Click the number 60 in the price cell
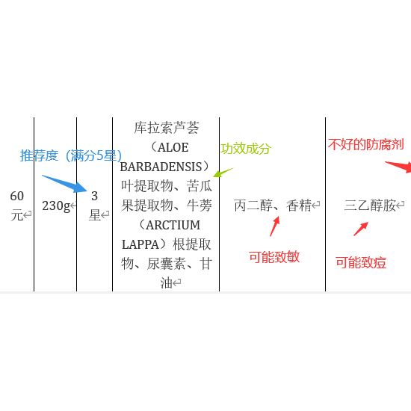click(x=17, y=196)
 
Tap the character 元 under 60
click(x=16, y=215)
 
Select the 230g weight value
click(x=56, y=206)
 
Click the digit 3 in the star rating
click(x=94, y=196)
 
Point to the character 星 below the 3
click(x=95, y=215)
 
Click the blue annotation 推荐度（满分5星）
click(x=71, y=155)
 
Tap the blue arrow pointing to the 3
click(x=64, y=184)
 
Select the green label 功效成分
click(x=246, y=149)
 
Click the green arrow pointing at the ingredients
click(x=223, y=173)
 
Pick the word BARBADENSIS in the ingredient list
click(x=161, y=167)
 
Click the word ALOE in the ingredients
click(x=173, y=147)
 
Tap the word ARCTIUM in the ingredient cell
click(x=173, y=225)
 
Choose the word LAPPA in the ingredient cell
click(x=140, y=245)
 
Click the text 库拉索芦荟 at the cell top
click(x=167, y=128)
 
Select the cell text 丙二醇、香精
click(x=273, y=205)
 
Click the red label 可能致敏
click(x=274, y=257)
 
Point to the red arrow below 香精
click(x=275, y=226)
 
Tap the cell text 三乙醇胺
click(x=370, y=205)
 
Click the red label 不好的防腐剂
click(x=366, y=145)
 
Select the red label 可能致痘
click(x=361, y=262)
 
